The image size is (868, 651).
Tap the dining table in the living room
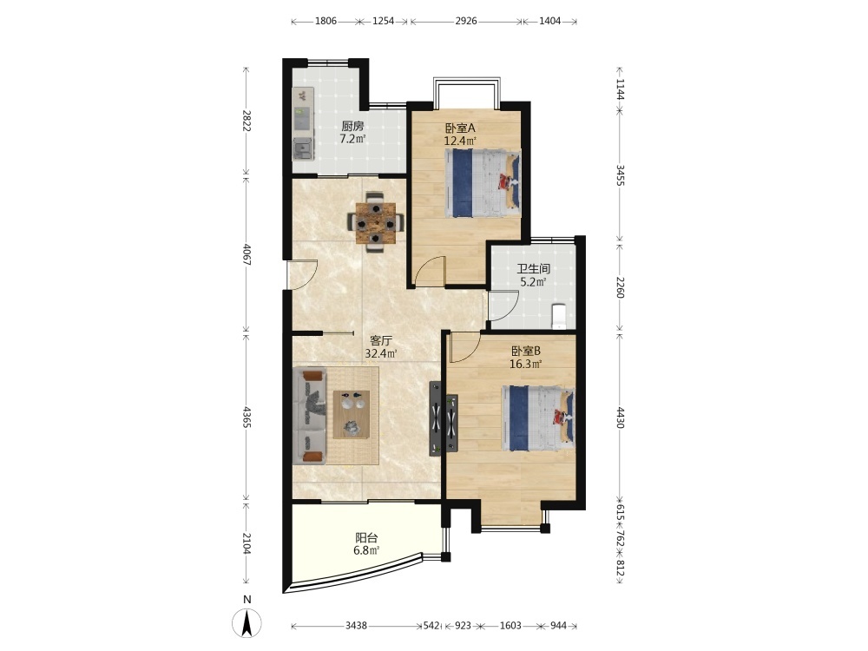click(x=376, y=222)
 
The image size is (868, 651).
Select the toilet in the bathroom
click(x=560, y=316)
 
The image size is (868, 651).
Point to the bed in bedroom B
click(x=538, y=418)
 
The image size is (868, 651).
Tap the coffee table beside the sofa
click(x=352, y=414)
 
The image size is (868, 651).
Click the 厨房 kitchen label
click(x=352, y=127)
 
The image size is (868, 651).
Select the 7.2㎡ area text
click(x=352, y=139)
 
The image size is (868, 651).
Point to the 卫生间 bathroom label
click(x=533, y=269)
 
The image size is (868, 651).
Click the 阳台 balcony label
click(x=366, y=537)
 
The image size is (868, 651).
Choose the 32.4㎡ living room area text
click(x=381, y=353)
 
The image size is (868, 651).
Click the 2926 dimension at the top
click(x=466, y=21)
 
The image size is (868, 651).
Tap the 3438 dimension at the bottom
click(x=356, y=626)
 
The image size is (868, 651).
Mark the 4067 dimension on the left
click(x=247, y=254)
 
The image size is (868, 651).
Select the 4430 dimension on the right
click(x=620, y=418)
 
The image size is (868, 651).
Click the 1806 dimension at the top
click(x=325, y=21)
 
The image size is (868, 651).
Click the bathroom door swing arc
click(x=503, y=305)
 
